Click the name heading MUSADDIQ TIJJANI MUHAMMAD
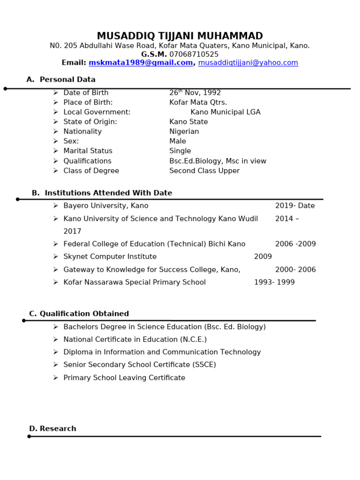pos(180,36)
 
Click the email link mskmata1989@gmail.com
pos(141,63)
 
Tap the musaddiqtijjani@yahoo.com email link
pos(248,63)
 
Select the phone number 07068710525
pos(194,54)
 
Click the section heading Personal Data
pos(67,80)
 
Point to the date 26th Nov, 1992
pos(195,93)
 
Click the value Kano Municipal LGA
pos(225,112)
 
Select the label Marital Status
pos(88,151)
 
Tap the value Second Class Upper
pos(204,171)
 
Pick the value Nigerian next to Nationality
pos(184,132)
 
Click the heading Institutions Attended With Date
pos(108,193)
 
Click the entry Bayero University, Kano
pos(106,206)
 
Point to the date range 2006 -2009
pos(295,244)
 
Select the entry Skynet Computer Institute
pos(110,257)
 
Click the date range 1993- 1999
pos(274,282)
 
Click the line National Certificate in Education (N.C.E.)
pos(135,339)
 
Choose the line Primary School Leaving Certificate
pos(124,378)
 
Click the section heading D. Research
pos(52,429)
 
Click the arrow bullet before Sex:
pos(55,141)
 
